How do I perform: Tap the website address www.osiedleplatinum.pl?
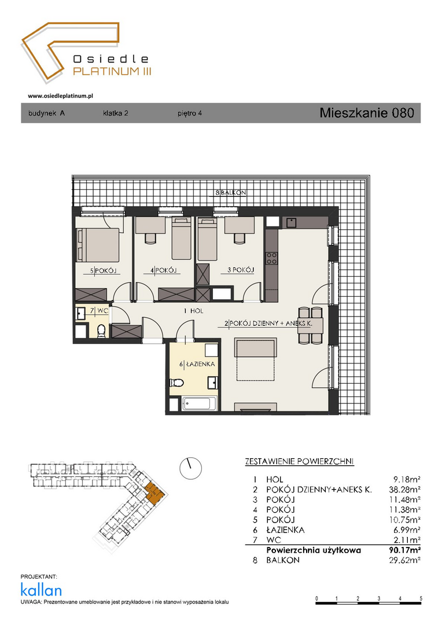pos(61,95)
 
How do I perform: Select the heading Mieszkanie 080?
pos(367,113)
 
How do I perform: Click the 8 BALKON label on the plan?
pos(231,193)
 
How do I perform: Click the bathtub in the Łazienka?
pos(199,404)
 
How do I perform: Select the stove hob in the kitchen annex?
pos(272,259)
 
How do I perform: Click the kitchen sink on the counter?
pos(290,222)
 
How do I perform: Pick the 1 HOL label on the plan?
pos(193,311)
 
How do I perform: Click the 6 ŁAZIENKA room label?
pos(197,364)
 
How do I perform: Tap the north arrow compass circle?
pos(190,468)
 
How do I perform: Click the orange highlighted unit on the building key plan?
pos(153,492)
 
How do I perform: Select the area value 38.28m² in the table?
pos(404,490)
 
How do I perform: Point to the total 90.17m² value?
pos(404,550)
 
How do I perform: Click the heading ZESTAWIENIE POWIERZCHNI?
pos(299,462)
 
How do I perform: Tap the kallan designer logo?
pos(41,590)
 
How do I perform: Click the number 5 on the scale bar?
pos(421,598)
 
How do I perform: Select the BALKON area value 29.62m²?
pos(404,560)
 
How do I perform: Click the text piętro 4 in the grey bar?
pos(190,113)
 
